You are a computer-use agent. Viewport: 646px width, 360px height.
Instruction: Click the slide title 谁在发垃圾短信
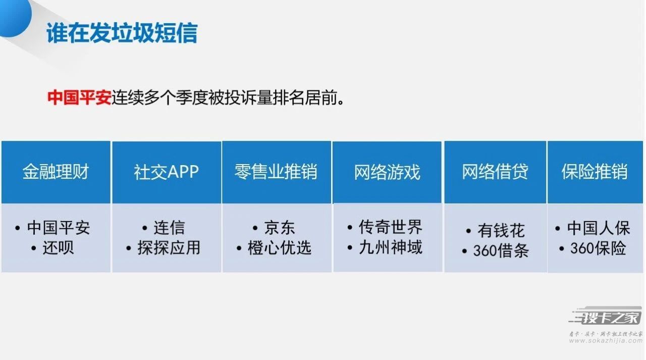tap(122, 33)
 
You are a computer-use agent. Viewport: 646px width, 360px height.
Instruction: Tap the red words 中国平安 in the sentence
tap(79, 97)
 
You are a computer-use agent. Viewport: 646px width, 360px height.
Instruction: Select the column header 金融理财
tap(56, 172)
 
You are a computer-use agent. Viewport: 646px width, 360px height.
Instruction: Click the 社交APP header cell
tap(167, 172)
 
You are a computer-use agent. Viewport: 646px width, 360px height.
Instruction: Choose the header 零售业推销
tap(276, 172)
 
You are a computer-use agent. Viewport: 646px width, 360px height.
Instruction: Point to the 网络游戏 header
tap(387, 172)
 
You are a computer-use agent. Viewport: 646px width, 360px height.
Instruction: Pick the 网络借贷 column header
tap(495, 171)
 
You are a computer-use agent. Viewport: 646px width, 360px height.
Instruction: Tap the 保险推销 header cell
tap(595, 171)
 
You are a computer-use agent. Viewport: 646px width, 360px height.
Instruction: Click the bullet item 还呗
tap(58, 248)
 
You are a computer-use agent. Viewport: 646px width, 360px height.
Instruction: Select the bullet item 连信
tap(169, 228)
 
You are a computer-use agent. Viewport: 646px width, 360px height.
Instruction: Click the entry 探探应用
tap(169, 248)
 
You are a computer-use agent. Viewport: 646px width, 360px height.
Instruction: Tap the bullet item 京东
tap(280, 228)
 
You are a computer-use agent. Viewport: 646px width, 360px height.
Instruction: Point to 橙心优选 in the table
tap(280, 248)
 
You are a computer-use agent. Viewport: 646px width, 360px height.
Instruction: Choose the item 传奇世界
tap(391, 227)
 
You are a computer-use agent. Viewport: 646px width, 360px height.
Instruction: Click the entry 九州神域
tap(391, 247)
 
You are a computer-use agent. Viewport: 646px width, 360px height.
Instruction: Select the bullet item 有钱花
tap(501, 230)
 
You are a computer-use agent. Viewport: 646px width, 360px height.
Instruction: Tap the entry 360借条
tap(501, 250)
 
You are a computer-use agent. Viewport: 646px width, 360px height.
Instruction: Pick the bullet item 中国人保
tap(599, 228)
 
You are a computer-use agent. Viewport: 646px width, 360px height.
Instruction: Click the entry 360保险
tap(598, 248)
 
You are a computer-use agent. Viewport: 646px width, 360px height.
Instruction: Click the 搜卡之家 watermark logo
tap(606, 316)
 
